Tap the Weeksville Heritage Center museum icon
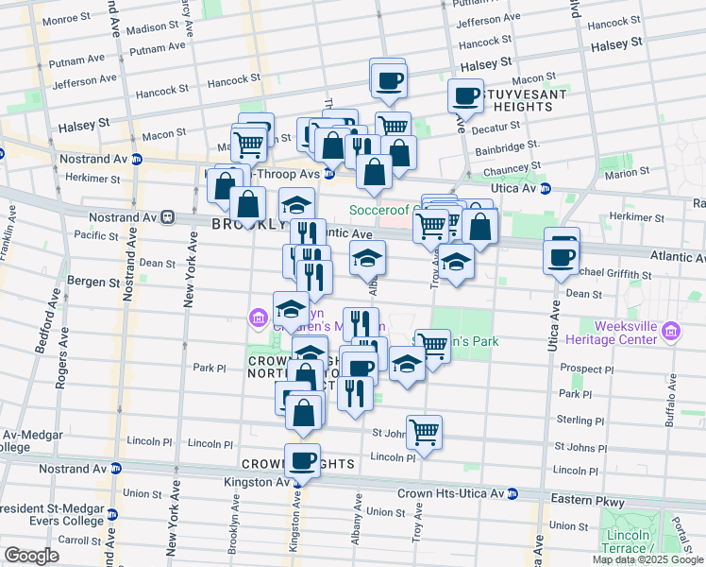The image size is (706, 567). pyautogui.click(x=671, y=332)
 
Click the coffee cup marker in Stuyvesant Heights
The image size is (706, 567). pyautogui.click(x=465, y=95)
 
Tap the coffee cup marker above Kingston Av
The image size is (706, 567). pyautogui.click(x=302, y=460)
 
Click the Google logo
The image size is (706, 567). pyautogui.click(x=31, y=556)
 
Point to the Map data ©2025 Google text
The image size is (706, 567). pyautogui.click(x=647, y=559)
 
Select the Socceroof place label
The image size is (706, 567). pyautogui.click(x=381, y=209)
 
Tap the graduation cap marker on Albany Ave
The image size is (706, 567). pyautogui.click(x=367, y=257)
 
